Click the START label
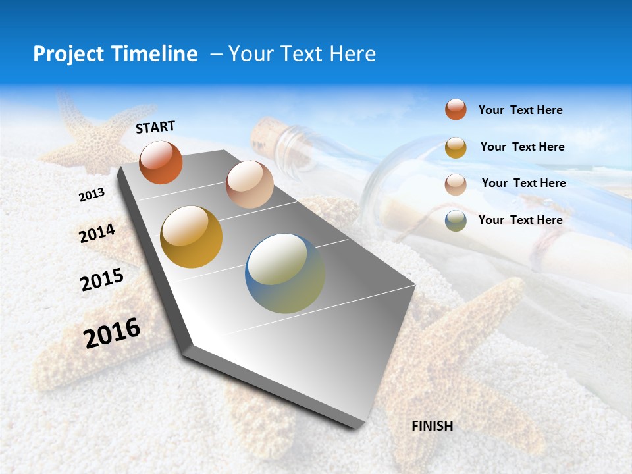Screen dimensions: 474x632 (155, 127)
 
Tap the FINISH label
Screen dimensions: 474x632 (432, 426)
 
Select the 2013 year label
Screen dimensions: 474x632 (92, 195)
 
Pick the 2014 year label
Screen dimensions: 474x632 (97, 234)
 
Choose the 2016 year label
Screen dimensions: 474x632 (112, 333)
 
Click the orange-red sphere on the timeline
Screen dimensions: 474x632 (161, 162)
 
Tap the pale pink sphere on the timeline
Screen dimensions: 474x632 (250, 184)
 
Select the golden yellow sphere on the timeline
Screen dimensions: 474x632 (192, 237)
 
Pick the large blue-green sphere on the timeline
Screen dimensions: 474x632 (285, 273)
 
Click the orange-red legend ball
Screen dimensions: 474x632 (456, 109)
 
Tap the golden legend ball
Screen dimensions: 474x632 (456, 147)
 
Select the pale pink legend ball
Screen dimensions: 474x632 (456, 184)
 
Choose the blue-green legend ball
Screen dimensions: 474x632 (456, 221)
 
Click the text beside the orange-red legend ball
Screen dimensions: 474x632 (520, 110)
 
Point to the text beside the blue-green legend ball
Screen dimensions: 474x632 (520, 220)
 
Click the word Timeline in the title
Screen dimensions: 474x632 (155, 54)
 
